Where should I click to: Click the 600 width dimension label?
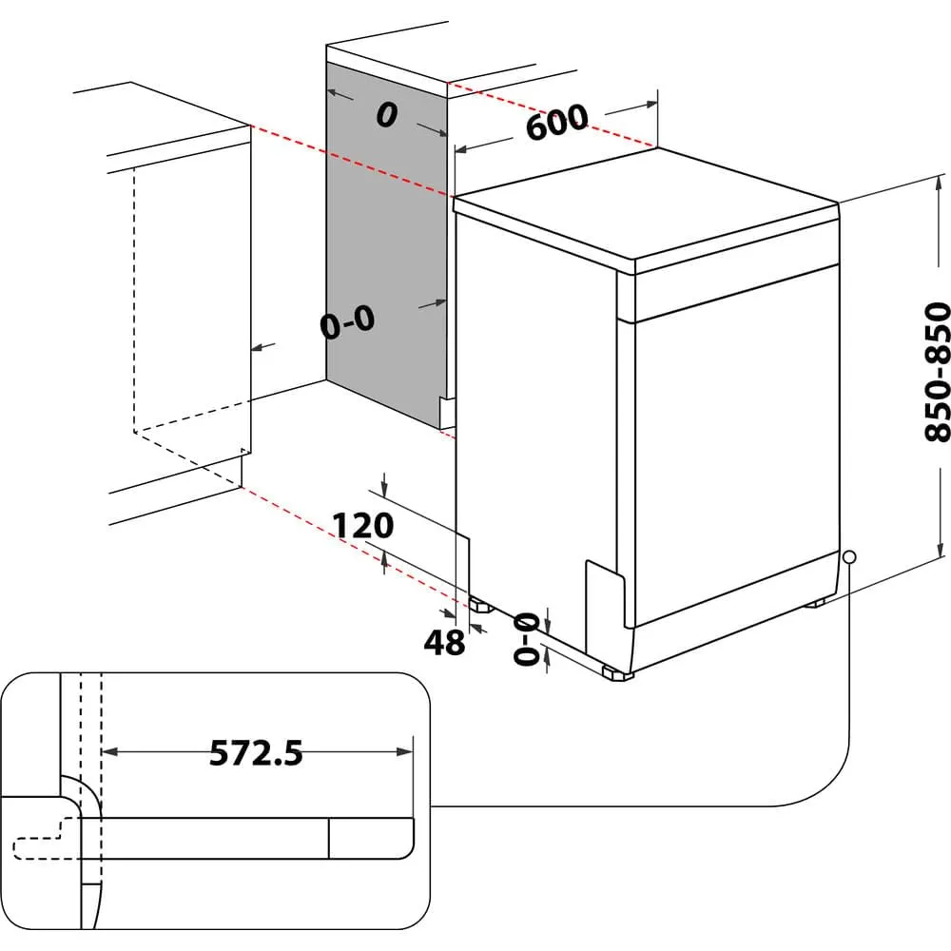coord(556,123)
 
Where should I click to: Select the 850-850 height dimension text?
coord(938,371)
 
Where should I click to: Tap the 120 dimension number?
coord(362,524)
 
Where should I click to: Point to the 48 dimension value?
coord(444,643)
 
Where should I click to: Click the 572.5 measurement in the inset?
coord(256,753)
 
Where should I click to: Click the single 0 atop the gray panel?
coord(385,115)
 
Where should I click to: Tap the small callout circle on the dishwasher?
coord(848,556)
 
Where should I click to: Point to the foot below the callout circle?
coord(816,602)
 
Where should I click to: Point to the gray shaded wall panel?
coord(385,247)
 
